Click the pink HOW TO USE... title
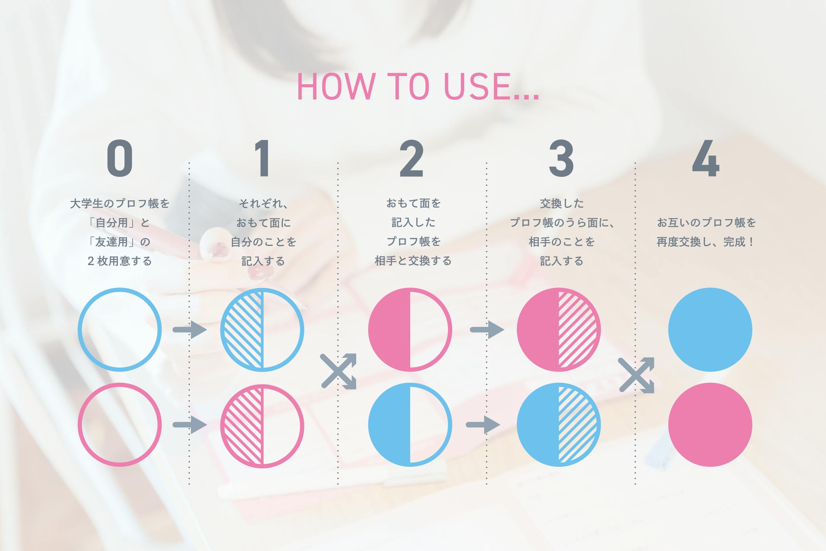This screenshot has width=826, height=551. click(418, 87)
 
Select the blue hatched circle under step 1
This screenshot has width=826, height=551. click(262, 330)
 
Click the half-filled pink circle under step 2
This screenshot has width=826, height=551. click(410, 330)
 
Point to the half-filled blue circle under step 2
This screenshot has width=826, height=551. click(410, 425)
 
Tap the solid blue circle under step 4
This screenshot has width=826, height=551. click(710, 330)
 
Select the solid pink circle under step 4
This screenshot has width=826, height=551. click(710, 425)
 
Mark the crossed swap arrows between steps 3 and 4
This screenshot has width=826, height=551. click(636, 374)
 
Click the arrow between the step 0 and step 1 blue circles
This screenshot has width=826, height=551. click(190, 330)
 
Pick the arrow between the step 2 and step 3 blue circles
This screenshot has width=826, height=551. click(483, 425)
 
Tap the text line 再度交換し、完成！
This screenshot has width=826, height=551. click(706, 242)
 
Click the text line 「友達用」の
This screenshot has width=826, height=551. click(119, 242)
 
